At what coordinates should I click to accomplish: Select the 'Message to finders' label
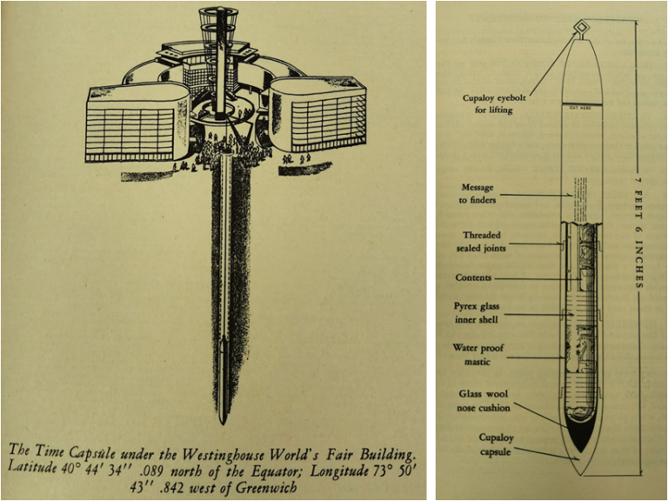click(480, 194)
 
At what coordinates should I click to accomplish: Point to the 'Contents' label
click(473, 278)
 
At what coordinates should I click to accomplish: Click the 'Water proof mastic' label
click(478, 355)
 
